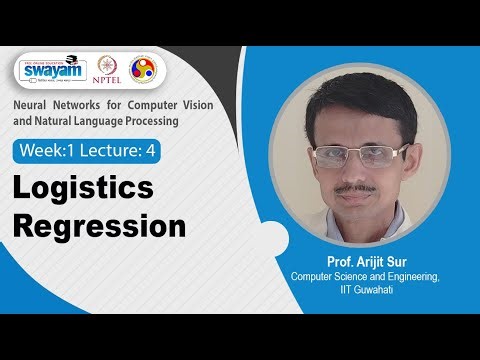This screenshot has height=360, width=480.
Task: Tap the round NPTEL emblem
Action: [109, 71]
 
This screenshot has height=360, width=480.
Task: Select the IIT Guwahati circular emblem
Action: [144, 71]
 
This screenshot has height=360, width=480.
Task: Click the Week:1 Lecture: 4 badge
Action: [87, 151]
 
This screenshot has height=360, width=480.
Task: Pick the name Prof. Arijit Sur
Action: [364, 263]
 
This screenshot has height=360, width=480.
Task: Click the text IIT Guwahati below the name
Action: [364, 290]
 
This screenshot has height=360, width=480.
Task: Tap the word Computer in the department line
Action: [315, 277]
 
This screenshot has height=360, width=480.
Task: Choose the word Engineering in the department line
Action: [409, 277]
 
